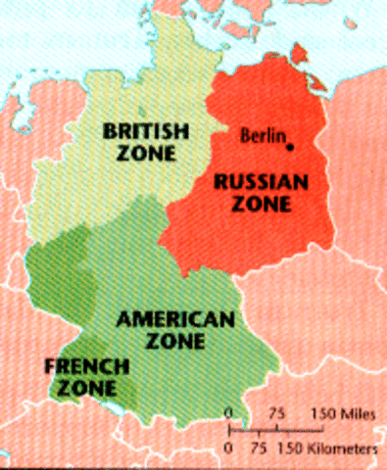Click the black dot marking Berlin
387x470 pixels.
pyautogui.click(x=291, y=147)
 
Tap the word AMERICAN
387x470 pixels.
pyautogui.click(x=176, y=320)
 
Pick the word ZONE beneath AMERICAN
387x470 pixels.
pyautogui.click(x=177, y=342)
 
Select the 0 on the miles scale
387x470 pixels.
pyautogui.click(x=228, y=413)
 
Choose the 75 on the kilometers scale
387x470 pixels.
pyautogui.click(x=258, y=447)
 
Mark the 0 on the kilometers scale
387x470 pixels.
pyautogui.click(x=228, y=447)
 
